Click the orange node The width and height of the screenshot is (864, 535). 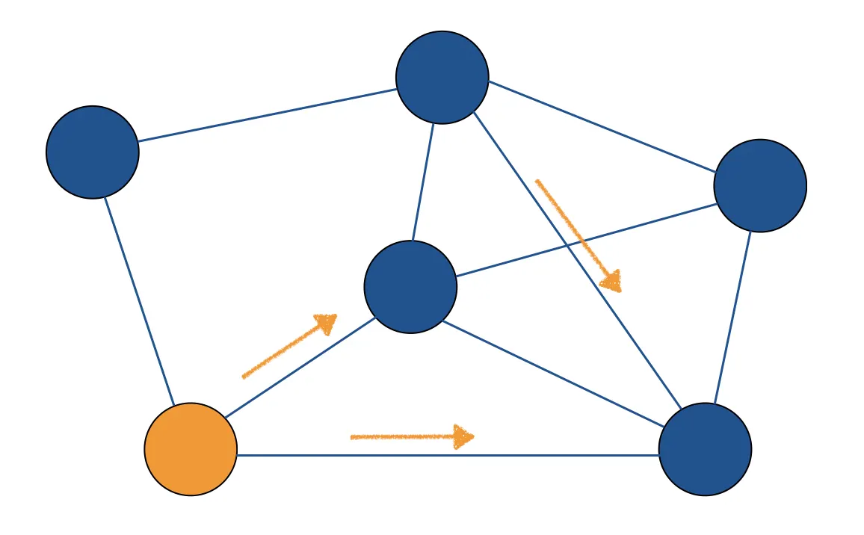tap(191, 449)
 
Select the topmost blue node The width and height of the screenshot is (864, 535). tap(442, 77)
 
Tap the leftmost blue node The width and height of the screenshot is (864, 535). tap(93, 152)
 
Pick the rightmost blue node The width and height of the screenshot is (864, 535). tap(760, 185)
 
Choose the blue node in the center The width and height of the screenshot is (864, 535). tap(410, 286)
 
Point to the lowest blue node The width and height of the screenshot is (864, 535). tap(705, 449)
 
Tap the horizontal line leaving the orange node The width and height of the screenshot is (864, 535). tap(448, 455)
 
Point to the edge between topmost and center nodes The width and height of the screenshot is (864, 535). tap(423, 182)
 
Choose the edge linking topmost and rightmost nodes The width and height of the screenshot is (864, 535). tap(602, 126)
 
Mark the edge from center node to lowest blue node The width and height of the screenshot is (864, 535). tap(561, 365)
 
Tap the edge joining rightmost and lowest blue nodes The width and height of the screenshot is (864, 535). tap(732, 318)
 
